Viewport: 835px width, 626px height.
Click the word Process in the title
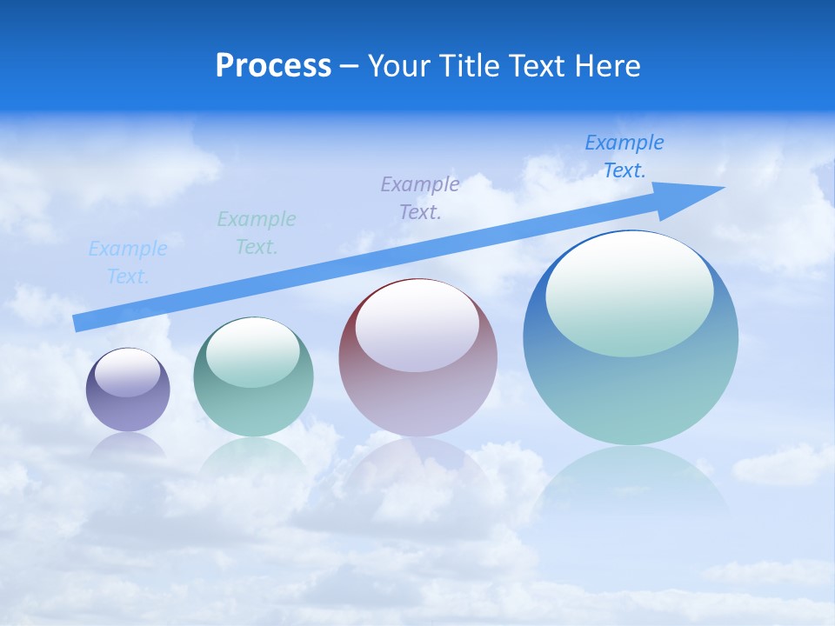[273, 66]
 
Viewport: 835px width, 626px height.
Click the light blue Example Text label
[128, 263]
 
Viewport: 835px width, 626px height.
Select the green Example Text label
[257, 232]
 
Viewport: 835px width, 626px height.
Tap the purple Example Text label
[420, 197]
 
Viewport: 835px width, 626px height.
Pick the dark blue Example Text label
[625, 156]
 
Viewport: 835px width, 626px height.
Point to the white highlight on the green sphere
[253, 352]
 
